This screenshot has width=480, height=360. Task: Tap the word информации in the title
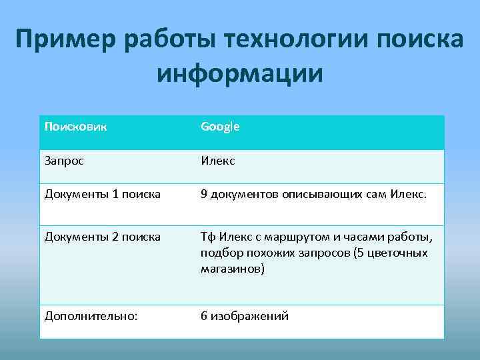[240, 73]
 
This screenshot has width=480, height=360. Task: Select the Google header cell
[220, 126]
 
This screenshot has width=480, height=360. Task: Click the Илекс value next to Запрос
[218, 160]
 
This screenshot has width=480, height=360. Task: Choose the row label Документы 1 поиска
[102, 195]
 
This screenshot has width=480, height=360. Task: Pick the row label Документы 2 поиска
[102, 237]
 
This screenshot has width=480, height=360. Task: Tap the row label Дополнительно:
[91, 316]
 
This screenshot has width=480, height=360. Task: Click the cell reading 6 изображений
[245, 316]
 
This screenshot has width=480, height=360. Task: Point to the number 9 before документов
[204, 195]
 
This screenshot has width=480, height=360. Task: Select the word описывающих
[307, 195]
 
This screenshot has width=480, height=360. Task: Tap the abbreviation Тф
[208, 237]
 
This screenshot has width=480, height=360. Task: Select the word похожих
[263, 253]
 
